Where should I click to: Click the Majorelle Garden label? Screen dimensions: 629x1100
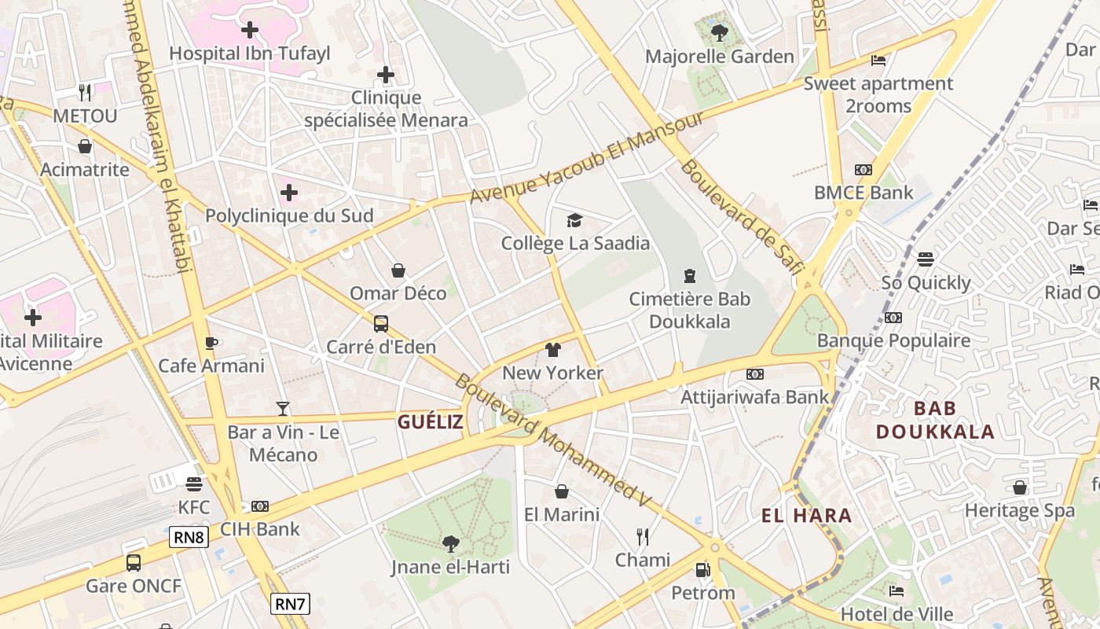click(x=719, y=57)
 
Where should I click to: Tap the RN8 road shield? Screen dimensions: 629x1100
click(x=189, y=538)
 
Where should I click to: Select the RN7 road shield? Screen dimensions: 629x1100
click(x=290, y=604)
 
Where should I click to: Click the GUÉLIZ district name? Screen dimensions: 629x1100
click(x=430, y=422)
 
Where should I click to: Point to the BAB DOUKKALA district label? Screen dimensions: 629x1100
click(x=935, y=420)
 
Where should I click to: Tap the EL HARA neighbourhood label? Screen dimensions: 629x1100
click(x=806, y=516)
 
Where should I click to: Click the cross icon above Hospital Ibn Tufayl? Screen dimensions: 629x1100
click(x=250, y=31)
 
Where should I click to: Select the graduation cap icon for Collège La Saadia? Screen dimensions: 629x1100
click(x=575, y=220)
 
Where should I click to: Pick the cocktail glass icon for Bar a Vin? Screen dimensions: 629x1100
click(x=283, y=409)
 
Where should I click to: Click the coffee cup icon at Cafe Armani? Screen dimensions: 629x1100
click(x=211, y=343)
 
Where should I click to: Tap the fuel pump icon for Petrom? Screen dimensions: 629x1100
click(x=702, y=570)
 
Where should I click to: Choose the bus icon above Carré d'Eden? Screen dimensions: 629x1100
click(x=381, y=324)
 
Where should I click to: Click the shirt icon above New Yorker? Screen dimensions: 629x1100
click(x=553, y=350)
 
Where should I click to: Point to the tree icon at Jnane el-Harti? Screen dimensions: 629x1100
click(x=450, y=543)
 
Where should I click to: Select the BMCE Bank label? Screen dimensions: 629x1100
click(x=863, y=193)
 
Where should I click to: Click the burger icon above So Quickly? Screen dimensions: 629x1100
click(x=926, y=259)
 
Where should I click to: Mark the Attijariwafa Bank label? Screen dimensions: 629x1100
click(x=754, y=396)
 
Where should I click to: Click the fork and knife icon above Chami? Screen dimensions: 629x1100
click(x=643, y=537)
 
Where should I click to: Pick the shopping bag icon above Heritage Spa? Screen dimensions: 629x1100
click(x=1020, y=487)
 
